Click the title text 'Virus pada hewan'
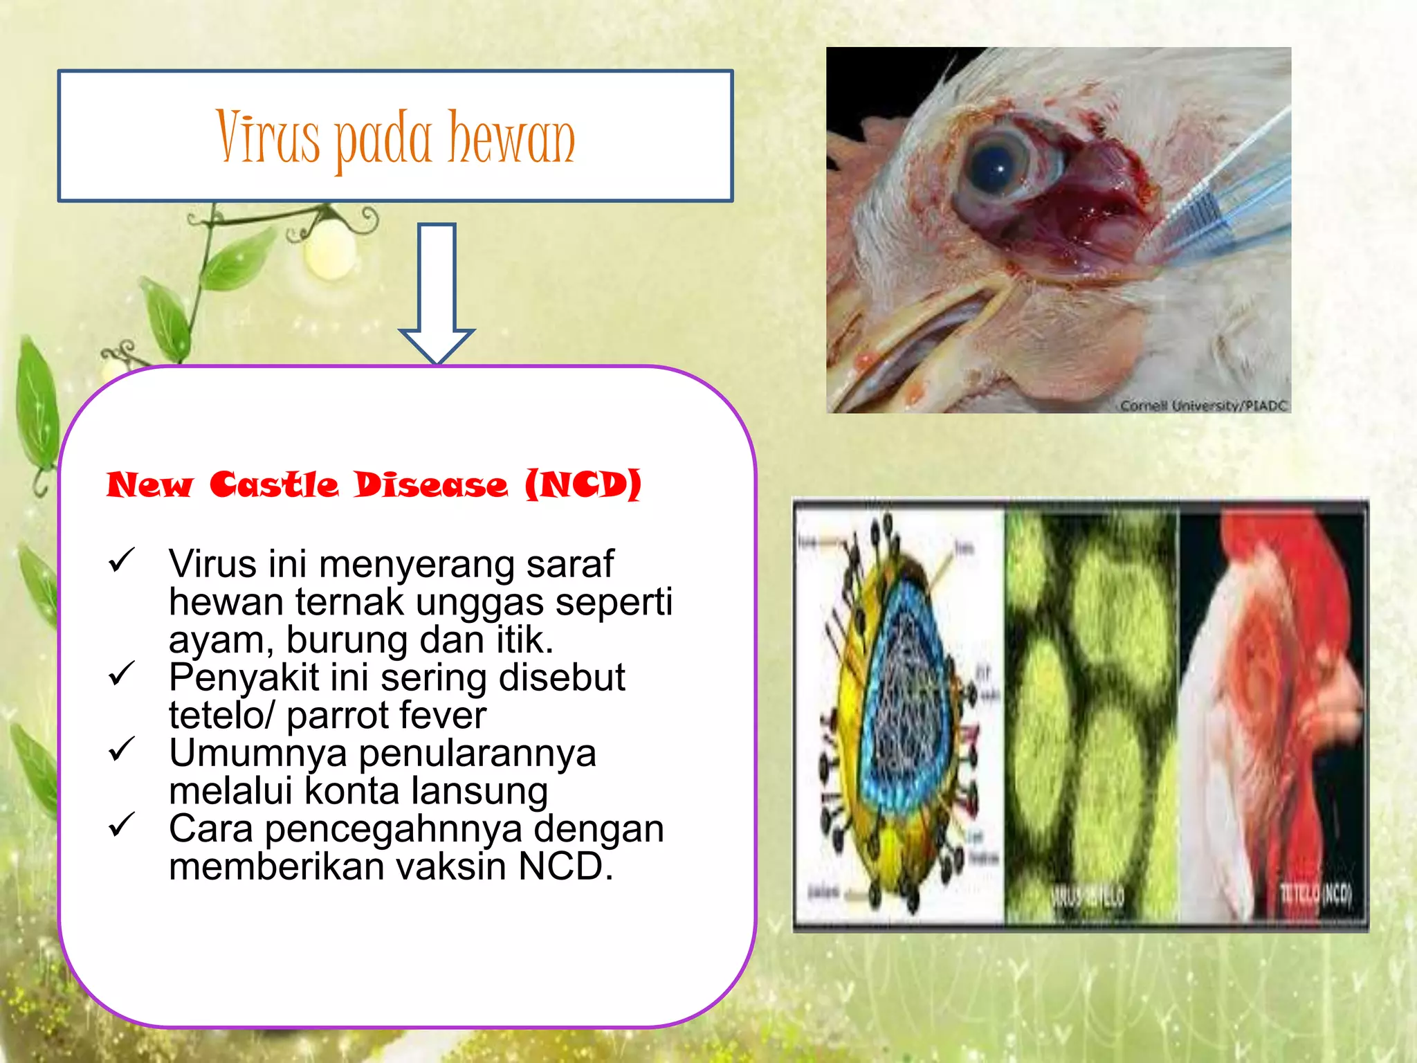tap(395, 138)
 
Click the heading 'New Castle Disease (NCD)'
tap(374, 484)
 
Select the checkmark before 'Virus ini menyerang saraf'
tap(121, 561)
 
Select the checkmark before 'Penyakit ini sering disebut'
tap(121, 673)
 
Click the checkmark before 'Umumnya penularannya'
tap(121, 749)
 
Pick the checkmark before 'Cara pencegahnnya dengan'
tap(121, 824)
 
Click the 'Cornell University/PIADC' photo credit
tap(1203, 406)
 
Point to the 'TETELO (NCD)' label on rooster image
tap(1315, 893)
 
